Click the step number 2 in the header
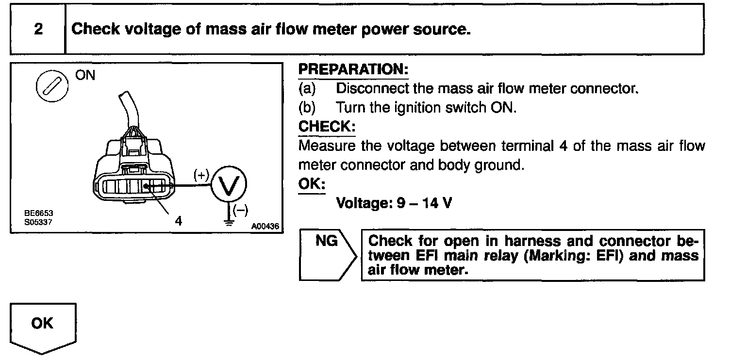coord(38,29)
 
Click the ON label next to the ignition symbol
coord(85,76)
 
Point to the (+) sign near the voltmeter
coord(200,176)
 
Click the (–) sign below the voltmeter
coord(240,210)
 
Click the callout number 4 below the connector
coord(179,221)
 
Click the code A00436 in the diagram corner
coord(265,227)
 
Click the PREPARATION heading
coord(353,70)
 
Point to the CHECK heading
coord(327,127)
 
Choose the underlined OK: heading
coord(311,184)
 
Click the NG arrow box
coord(327,255)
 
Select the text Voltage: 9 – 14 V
coord(394,203)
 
